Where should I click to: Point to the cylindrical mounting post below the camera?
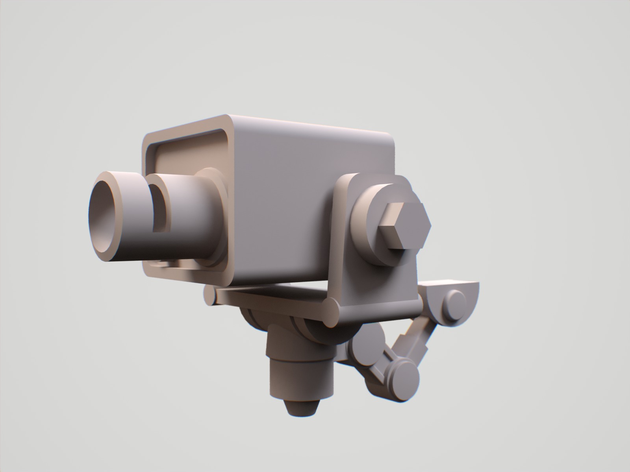click(x=299, y=374)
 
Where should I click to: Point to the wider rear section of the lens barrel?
click(x=189, y=220)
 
